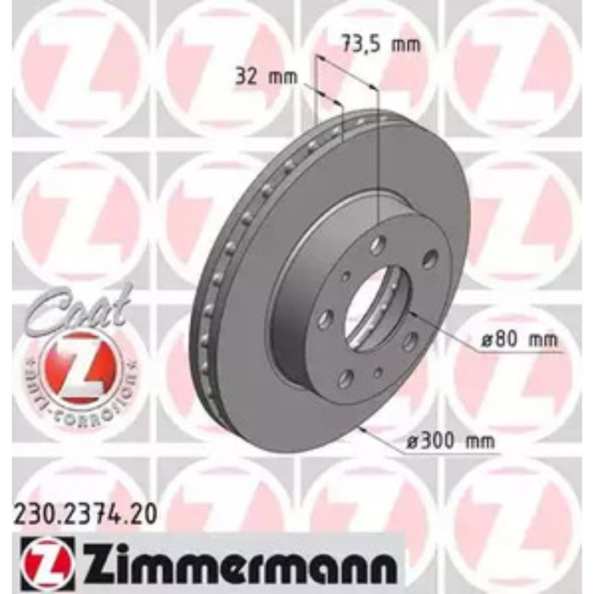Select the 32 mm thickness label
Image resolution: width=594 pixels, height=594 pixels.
262,77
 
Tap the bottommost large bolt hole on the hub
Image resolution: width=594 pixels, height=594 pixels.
346,379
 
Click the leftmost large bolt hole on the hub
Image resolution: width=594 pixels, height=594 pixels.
324,319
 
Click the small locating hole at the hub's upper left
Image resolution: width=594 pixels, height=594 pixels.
346,274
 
